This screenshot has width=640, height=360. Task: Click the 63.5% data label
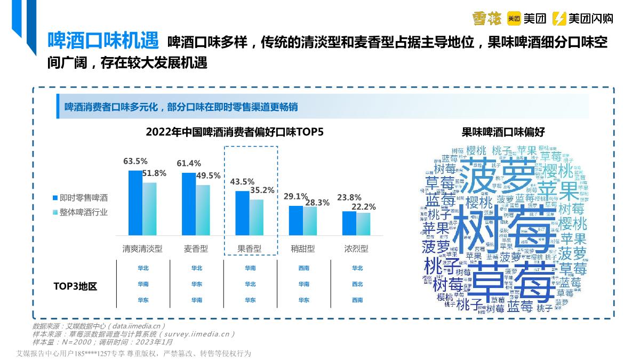pyautogui.click(x=135, y=161)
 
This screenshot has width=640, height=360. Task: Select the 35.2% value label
pyautogui.click(x=262, y=190)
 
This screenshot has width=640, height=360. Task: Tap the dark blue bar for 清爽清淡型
pyautogui.click(x=135, y=203)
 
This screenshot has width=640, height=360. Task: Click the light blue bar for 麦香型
pyautogui.click(x=203, y=210)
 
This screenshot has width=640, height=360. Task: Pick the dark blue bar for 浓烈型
pyautogui.click(x=349, y=223)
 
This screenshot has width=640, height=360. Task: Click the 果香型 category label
pyautogui.click(x=250, y=249)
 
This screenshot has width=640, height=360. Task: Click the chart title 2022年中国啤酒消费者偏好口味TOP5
pyautogui.click(x=235, y=132)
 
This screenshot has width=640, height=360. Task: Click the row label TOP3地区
pyautogui.click(x=75, y=286)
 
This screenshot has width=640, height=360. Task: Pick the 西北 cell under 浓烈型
pyautogui.click(x=357, y=284)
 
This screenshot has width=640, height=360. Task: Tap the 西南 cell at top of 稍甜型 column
pyautogui.click(x=303, y=268)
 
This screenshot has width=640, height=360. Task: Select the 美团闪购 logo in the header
pyautogui.click(x=582, y=19)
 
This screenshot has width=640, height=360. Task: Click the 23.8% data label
pyautogui.click(x=349, y=197)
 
